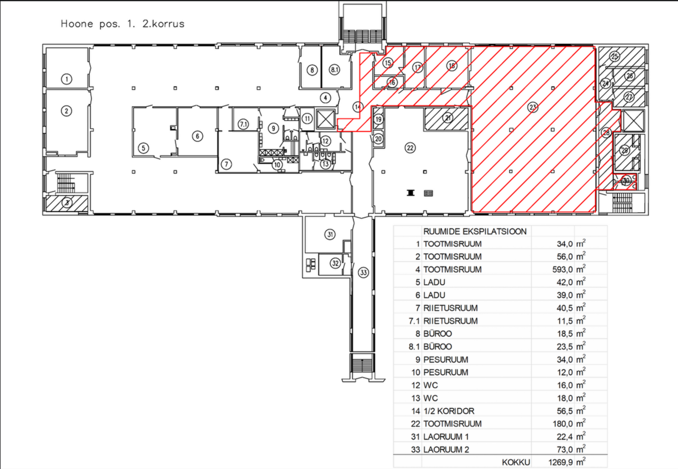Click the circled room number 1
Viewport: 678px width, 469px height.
66,79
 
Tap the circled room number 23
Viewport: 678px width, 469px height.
532,107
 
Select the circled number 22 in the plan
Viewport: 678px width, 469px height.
410,148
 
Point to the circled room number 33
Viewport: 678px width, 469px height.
363,273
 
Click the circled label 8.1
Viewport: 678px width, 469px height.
334,70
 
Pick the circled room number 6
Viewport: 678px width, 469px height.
198,136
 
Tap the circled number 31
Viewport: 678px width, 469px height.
330,235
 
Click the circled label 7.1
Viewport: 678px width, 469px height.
243,124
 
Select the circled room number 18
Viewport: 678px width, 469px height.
452,66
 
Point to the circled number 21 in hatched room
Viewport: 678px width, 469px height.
448,118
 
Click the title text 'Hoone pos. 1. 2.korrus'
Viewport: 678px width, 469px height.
122,24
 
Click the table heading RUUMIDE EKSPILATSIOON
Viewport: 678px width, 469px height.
475,231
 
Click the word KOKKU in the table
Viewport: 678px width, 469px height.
516,462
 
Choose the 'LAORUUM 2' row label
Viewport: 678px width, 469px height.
446,450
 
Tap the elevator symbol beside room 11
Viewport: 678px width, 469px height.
326,119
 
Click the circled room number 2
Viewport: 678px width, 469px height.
66,111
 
